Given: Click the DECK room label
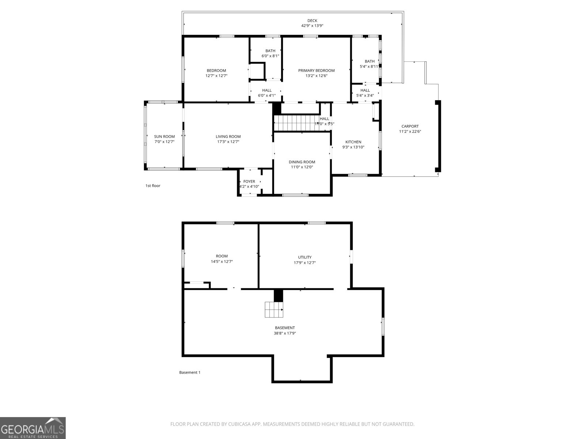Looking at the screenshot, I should pyautogui.click(x=312, y=21).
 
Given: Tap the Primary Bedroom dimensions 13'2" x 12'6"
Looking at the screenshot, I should pyautogui.click(x=316, y=76).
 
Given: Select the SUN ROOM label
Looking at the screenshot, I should pyautogui.click(x=164, y=136).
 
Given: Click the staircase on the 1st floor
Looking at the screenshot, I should pyautogui.click(x=294, y=123).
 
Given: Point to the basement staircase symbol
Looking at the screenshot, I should pyautogui.click(x=274, y=310).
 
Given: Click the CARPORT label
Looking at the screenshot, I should pyautogui.click(x=410, y=126).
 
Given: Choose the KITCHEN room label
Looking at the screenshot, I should pyautogui.click(x=353, y=142).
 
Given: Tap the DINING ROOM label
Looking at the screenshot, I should pyautogui.click(x=302, y=162).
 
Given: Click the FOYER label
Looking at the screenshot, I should pyautogui.click(x=249, y=181).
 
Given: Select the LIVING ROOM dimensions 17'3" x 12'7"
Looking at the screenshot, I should pyautogui.click(x=228, y=142).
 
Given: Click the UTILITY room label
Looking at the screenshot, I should pyautogui.click(x=305, y=257).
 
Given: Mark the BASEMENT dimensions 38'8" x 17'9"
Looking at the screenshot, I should pyautogui.click(x=285, y=333).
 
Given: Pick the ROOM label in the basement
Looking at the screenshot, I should pyautogui.click(x=222, y=256).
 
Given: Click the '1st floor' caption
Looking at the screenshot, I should pyautogui.click(x=153, y=186).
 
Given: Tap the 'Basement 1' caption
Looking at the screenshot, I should pyautogui.click(x=190, y=372).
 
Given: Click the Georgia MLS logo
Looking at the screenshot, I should pyautogui.click(x=33, y=428).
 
